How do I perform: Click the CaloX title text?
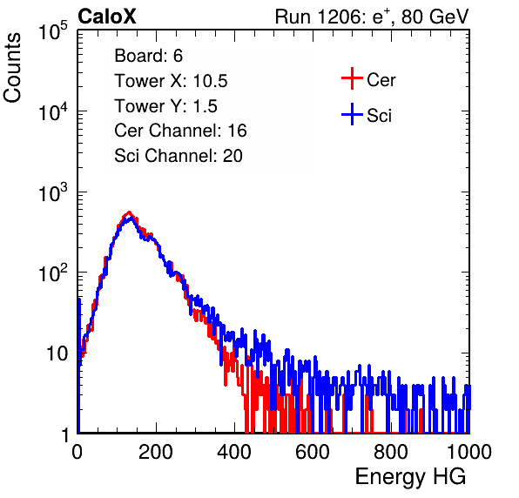point(107,17)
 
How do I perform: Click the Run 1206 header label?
point(372,17)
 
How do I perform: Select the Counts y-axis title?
point(12,68)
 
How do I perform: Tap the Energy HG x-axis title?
point(410,477)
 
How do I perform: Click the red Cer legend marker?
point(352,78)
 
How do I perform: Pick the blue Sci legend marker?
point(352,114)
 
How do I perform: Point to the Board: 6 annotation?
point(148,56)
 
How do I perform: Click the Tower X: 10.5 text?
point(171,81)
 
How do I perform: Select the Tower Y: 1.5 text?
point(165,106)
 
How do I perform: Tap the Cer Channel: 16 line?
point(180,131)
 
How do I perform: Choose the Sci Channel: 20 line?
point(179,156)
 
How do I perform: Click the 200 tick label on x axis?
point(156,452)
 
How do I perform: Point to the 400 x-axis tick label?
point(234,452)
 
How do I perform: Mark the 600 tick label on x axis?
point(313,452)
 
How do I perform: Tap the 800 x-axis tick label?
point(391,452)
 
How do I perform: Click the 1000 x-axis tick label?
point(469,452)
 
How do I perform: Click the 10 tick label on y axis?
point(57,353)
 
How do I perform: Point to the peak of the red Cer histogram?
point(129,212)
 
